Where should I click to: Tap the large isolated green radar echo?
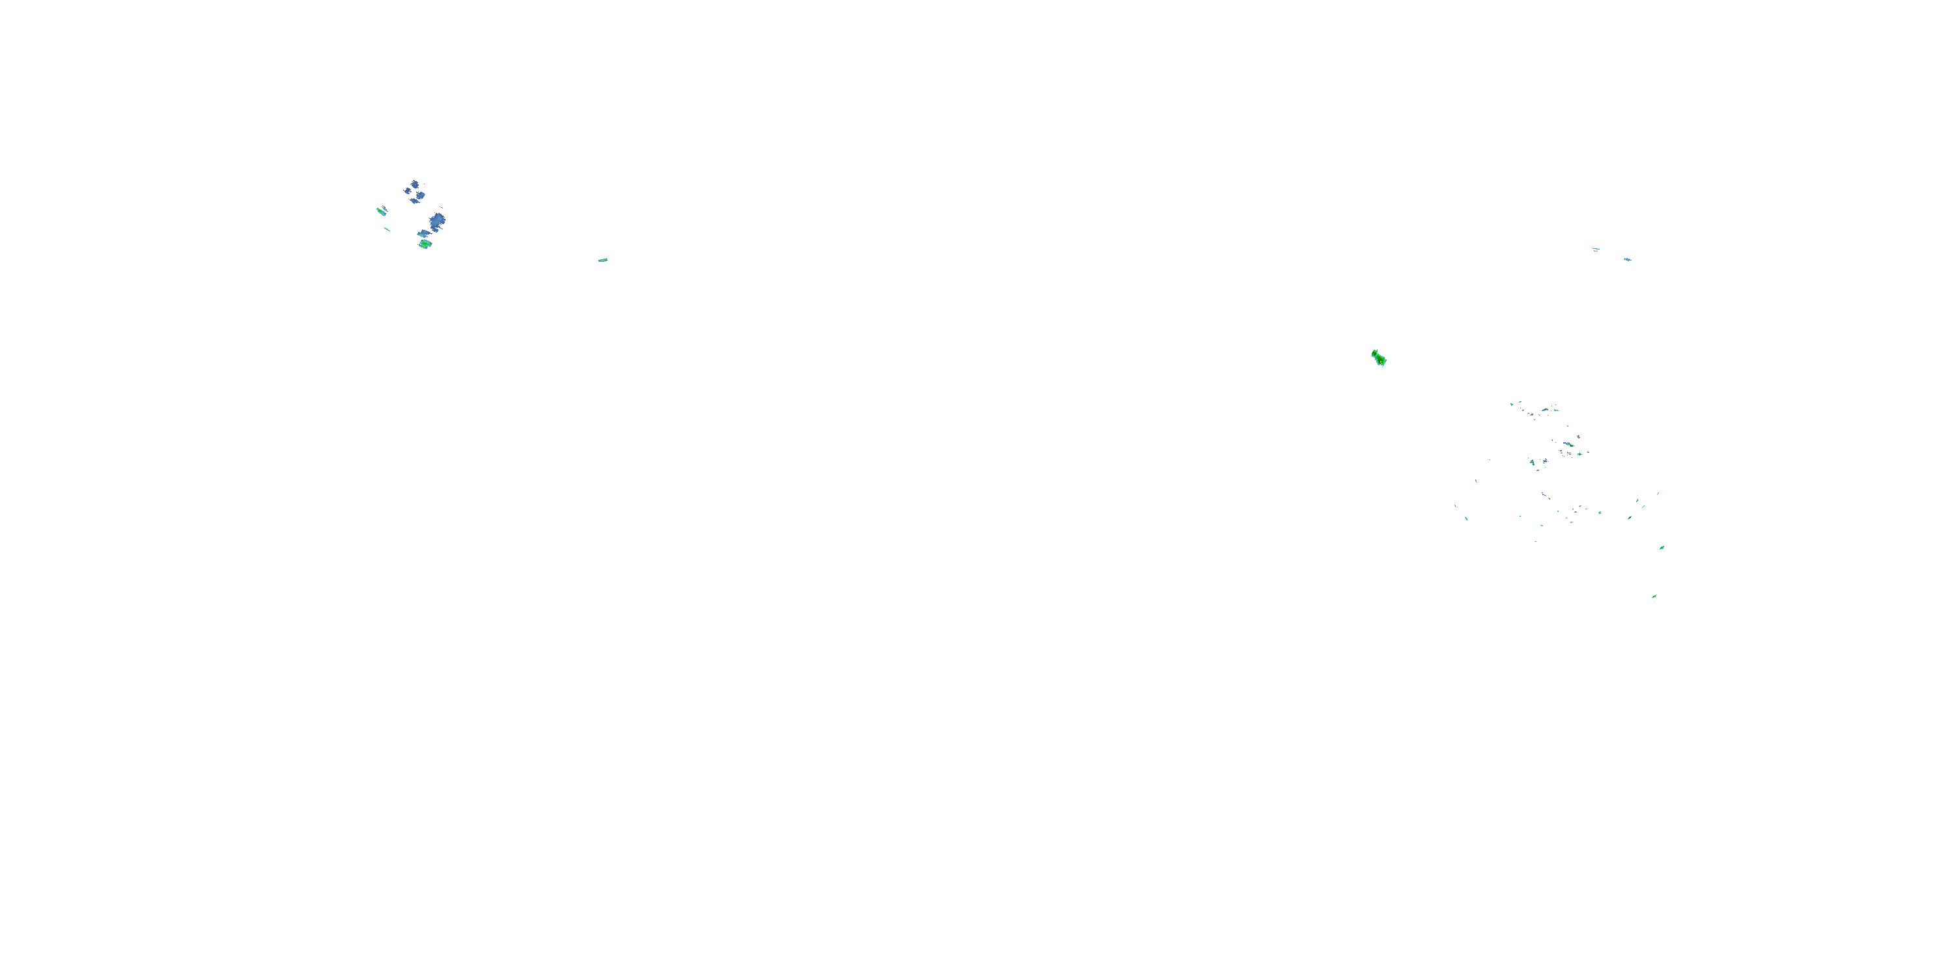[1379, 358]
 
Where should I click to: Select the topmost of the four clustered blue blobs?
[415, 184]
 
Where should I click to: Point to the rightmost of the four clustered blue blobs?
[421, 195]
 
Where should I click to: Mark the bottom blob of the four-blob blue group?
[415, 201]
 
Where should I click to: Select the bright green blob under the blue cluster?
[425, 244]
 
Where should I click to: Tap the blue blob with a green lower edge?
[424, 234]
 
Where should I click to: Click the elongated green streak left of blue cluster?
[381, 212]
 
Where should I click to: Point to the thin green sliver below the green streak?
[386, 229]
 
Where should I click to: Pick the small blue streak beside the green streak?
[384, 208]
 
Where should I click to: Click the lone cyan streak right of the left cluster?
[602, 260]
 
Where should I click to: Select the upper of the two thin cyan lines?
[1596, 249]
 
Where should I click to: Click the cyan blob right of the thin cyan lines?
[1628, 259]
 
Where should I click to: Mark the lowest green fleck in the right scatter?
[1654, 596]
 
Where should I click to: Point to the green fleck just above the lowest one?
[1662, 547]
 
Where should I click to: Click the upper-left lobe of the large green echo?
[1374, 353]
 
